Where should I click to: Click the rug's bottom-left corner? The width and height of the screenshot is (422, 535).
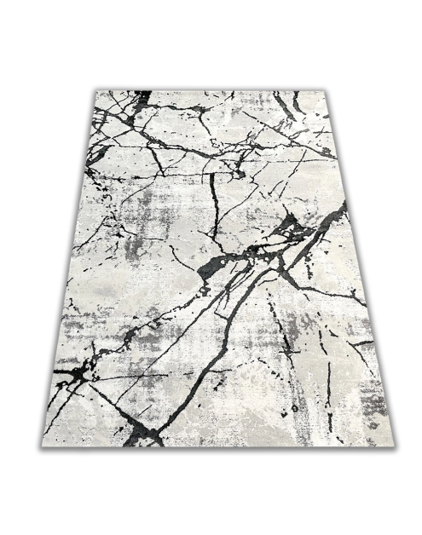43,445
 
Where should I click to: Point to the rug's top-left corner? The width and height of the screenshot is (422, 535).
96,91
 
